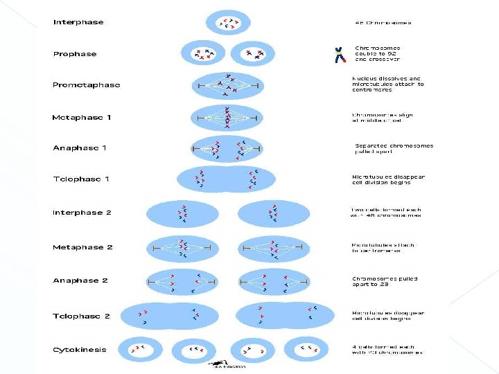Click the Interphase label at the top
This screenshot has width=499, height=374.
click(x=78, y=22)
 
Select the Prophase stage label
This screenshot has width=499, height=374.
click(x=75, y=54)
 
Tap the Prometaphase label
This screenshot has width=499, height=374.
click(x=86, y=85)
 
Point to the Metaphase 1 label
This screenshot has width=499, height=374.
click(x=81, y=118)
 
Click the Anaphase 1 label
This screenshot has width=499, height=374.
click(x=80, y=148)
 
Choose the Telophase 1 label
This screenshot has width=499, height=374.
click(x=81, y=179)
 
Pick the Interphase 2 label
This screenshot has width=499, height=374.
click(x=82, y=213)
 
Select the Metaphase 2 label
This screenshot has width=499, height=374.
click(x=82, y=247)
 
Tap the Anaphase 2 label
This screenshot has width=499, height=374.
click(x=80, y=280)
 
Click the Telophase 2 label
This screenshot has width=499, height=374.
click(x=81, y=316)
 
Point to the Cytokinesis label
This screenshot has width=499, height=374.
click(x=80, y=350)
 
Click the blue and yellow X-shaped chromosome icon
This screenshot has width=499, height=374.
click(x=340, y=55)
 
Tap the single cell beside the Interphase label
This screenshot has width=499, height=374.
click(x=228, y=23)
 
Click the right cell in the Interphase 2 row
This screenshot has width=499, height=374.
click(x=274, y=213)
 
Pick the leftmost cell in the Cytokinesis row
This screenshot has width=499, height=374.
click(x=140, y=349)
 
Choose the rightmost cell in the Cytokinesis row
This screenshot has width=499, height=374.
click(x=306, y=349)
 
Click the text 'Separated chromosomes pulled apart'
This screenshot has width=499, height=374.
click(x=394, y=148)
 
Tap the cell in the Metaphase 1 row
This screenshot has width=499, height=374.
click(x=227, y=118)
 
